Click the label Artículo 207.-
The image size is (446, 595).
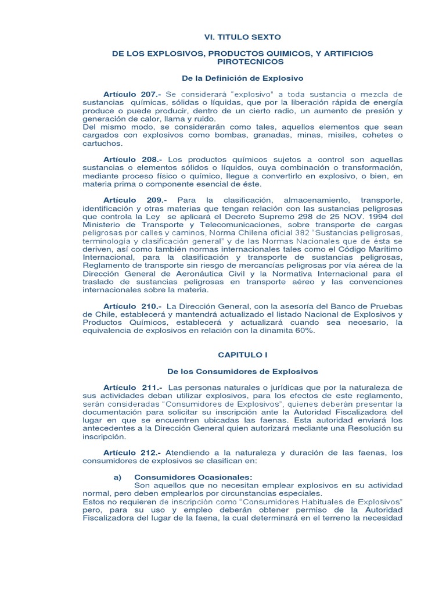click(x=132, y=94)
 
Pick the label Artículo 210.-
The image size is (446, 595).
click(x=133, y=306)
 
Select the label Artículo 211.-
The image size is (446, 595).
click(x=133, y=387)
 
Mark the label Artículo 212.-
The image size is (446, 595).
click(x=132, y=452)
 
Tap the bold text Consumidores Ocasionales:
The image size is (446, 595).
click(x=186, y=476)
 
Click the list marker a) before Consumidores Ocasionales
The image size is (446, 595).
click(x=117, y=476)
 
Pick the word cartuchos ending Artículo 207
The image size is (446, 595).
click(x=103, y=143)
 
